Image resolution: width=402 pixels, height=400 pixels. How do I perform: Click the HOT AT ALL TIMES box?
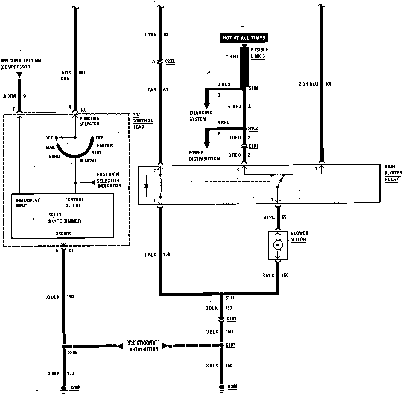point(243,38)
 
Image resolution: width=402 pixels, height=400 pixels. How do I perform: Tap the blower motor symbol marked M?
point(278,245)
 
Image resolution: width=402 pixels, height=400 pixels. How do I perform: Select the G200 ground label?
point(74,387)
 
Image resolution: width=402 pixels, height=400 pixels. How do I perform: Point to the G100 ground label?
point(232,386)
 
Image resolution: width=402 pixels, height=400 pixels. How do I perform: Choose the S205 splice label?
point(72,353)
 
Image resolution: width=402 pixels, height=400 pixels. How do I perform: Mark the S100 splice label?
point(253,88)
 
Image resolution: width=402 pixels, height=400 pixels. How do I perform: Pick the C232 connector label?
point(170,61)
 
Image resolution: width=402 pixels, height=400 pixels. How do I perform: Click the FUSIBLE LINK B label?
point(259,53)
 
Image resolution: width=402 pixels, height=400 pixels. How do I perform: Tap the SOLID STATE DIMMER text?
point(64,218)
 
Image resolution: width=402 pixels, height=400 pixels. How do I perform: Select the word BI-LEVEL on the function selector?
point(88,161)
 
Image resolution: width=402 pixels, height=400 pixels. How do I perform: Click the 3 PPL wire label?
point(269,217)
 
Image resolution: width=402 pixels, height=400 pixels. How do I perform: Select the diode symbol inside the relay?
point(147,186)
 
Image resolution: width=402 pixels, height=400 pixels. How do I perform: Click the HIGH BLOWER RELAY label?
point(393,173)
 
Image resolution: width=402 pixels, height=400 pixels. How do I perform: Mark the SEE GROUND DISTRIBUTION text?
point(143,346)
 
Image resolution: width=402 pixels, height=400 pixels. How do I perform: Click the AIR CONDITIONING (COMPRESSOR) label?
point(20,64)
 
